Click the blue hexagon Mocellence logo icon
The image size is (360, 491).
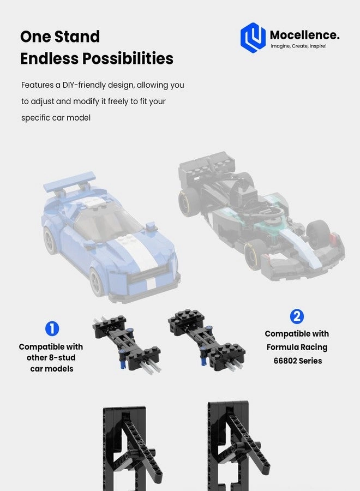(x=253, y=38)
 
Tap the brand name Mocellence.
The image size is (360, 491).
(x=304, y=35)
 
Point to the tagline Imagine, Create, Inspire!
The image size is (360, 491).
(x=298, y=46)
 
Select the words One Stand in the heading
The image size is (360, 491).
(x=60, y=37)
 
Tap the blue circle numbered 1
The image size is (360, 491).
(x=51, y=328)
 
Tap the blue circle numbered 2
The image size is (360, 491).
(x=297, y=316)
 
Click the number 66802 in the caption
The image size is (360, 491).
(x=286, y=361)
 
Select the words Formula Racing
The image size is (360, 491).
(x=297, y=347)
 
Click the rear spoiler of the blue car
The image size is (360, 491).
(x=70, y=183)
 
